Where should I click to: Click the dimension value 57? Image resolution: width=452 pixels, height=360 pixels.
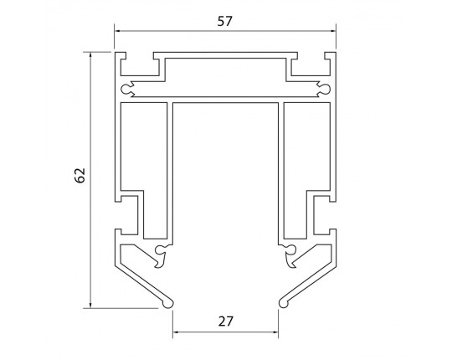click(224, 21)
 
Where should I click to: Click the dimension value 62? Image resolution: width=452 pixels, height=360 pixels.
click(80, 175)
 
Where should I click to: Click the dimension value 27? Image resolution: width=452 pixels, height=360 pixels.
click(225, 321)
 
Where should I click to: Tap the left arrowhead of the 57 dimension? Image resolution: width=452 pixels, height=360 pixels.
click(117, 31)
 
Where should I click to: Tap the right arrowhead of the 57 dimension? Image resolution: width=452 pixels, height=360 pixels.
click(333, 31)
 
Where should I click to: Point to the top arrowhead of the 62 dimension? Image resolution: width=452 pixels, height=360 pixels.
click(90, 55)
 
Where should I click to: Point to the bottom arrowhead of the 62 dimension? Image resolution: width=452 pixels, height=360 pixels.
click(90, 305)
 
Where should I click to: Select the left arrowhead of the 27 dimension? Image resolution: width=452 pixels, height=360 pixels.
click(176, 332)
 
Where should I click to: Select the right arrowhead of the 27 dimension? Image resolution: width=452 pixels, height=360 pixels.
click(275, 332)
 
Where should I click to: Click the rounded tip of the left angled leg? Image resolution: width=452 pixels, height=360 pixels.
click(168, 304)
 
